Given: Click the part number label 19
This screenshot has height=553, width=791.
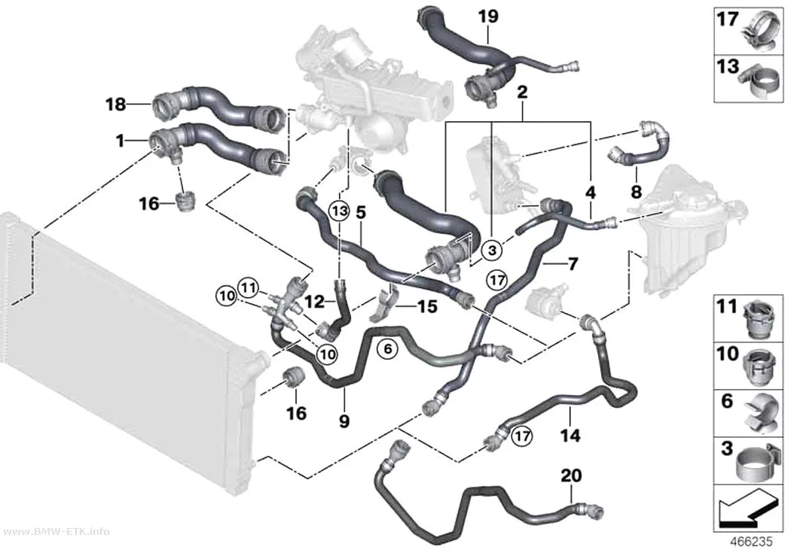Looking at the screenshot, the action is pyautogui.click(x=488, y=16).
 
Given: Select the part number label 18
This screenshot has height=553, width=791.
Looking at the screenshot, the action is pyautogui.click(x=115, y=105).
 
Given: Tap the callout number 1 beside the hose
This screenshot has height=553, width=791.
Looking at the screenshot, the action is pyautogui.click(x=120, y=141).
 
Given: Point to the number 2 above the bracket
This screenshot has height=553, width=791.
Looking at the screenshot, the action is pyautogui.click(x=522, y=92).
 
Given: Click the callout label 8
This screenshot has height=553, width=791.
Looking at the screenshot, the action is pyautogui.click(x=636, y=191).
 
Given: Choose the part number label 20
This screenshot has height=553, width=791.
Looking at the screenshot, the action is pyautogui.click(x=571, y=475).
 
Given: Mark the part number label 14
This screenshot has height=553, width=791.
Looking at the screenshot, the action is pyautogui.click(x=570, y=434).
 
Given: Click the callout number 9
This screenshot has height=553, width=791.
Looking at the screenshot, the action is pyautogui.click(x=344, y=421).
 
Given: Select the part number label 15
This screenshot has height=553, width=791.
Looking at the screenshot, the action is pyautogui.click(x=427, y=306).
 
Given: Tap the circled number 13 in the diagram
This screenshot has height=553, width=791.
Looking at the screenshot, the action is pyautogui.click(x=340, y=211).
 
